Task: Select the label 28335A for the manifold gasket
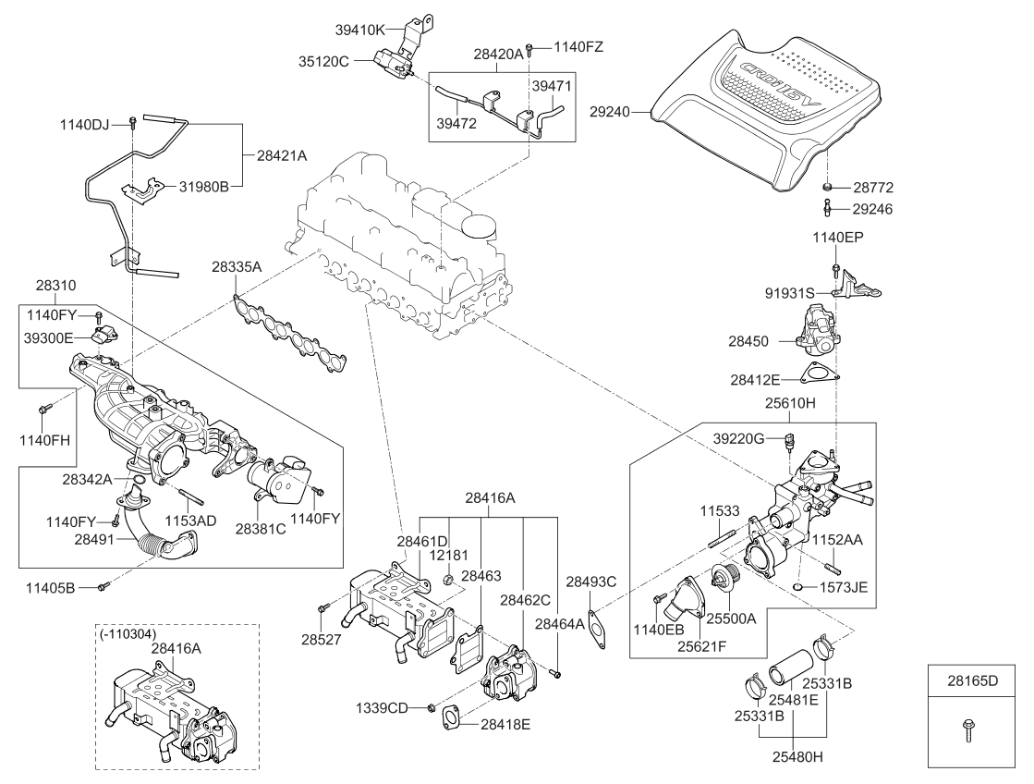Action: (237, 266)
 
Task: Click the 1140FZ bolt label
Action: (579, 46)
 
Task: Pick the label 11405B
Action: (71, 586)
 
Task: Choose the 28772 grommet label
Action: (873, 187)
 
